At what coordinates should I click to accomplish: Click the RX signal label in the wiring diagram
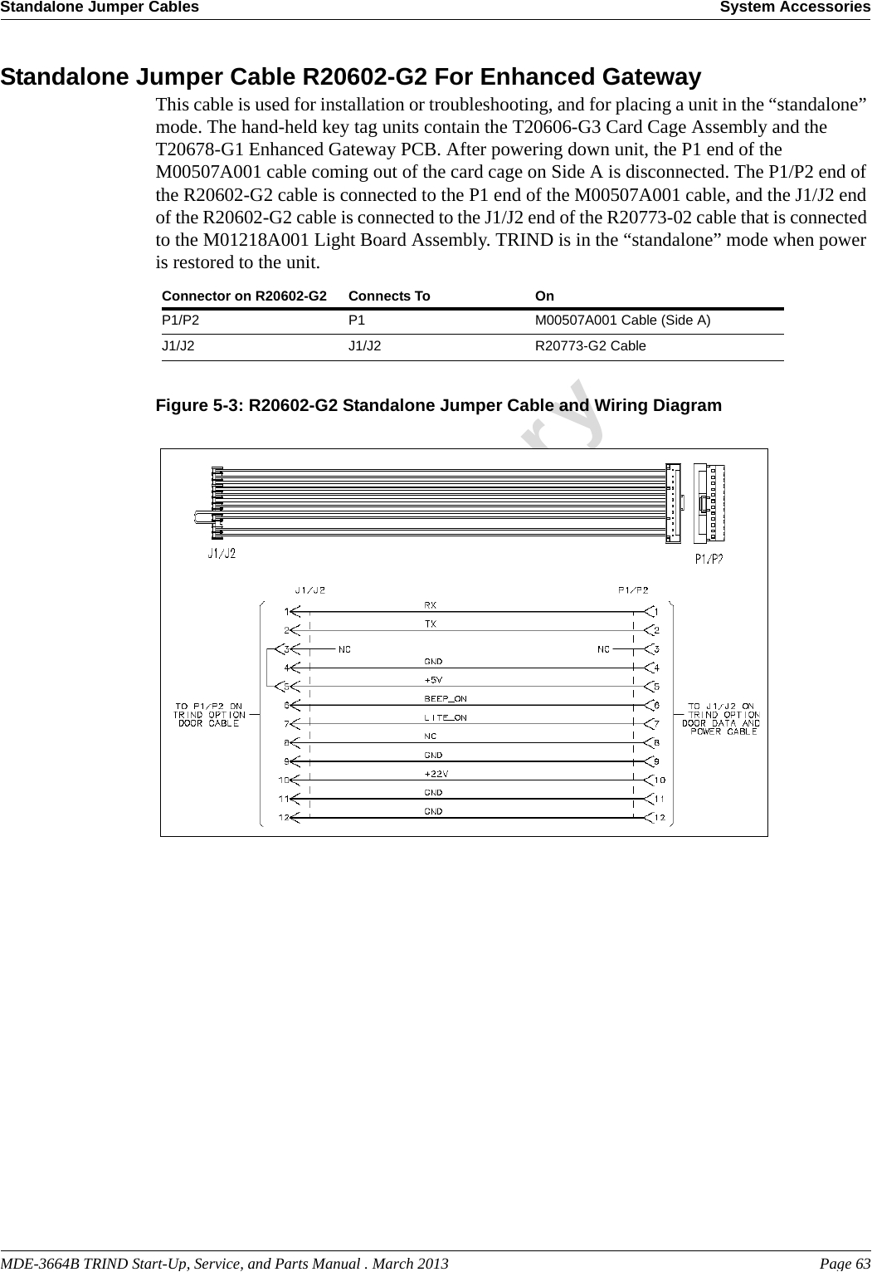(431, 605)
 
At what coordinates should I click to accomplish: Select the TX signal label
(431, 624)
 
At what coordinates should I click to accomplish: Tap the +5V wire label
(433, 680)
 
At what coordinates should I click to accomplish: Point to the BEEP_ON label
(445, 699)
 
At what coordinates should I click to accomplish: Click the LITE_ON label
(445, 718)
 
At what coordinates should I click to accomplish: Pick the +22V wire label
(436, 774)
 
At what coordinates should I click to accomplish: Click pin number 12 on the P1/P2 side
(659, 819)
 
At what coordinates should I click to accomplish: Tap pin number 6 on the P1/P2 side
(656, 706)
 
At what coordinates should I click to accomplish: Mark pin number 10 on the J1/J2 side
(284, 780)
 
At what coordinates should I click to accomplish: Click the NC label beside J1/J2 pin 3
(343, 649)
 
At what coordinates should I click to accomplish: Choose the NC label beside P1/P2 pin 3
(604, 649)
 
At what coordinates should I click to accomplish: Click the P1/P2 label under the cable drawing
(709, 559)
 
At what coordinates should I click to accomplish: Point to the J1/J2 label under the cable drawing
(222, 553)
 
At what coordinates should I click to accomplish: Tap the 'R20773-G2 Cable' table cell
(590, 346)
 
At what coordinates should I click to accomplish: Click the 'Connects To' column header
(389, 296)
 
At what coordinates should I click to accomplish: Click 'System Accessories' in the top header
(794, 7)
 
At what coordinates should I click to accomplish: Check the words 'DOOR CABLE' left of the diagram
(209, 723)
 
